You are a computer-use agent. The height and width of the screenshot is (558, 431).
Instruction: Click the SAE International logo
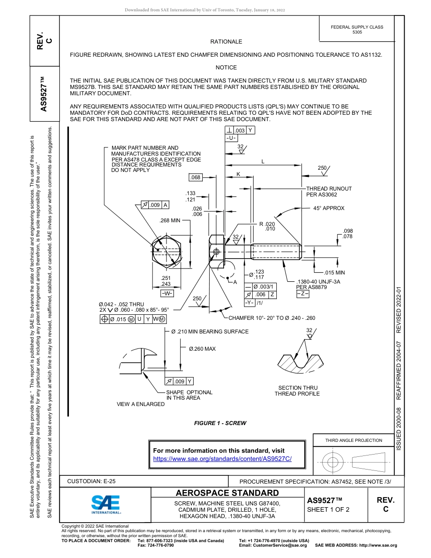coord(106,504)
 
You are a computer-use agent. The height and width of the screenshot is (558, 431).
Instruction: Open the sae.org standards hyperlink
coord(222,459)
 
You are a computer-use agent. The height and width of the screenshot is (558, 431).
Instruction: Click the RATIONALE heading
coord(226,42)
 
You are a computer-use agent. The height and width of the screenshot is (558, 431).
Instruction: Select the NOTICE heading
coord(226,68)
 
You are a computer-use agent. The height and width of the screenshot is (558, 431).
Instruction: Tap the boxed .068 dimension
coord(196,177)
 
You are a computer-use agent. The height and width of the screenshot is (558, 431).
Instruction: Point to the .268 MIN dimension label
coord(170,220)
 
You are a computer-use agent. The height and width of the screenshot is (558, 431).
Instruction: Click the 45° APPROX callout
coord(328,208)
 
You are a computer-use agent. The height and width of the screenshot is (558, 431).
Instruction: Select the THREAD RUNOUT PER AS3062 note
coord(328,191)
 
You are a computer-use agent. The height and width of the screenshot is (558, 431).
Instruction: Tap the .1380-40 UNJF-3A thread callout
coord(318,282)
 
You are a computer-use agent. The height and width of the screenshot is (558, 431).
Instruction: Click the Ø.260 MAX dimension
coord(202,349)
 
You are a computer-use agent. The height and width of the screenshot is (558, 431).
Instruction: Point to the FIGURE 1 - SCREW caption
coord(220,423)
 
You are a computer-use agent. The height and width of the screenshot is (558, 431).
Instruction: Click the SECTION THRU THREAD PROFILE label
coord(297,391)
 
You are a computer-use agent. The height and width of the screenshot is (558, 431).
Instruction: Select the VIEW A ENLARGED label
coord(141,404)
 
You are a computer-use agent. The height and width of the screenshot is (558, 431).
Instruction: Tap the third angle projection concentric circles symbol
coord(333,462)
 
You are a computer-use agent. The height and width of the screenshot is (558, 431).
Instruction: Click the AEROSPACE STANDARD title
coord(227,493)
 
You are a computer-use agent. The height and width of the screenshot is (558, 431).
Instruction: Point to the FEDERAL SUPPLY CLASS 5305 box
coord(357,29)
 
